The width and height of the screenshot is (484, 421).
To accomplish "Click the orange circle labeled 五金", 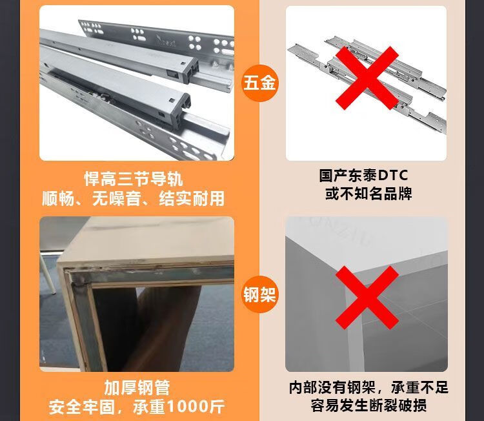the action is [259, 83].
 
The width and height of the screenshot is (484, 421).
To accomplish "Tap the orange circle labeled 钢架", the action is [259, 294].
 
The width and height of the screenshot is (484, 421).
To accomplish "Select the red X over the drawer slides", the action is [367, 78].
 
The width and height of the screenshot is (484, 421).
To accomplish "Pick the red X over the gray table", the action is [367, 298].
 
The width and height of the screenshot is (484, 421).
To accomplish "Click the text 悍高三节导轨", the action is [134, 179].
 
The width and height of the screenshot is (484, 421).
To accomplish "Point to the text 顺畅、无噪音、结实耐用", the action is [134, 198].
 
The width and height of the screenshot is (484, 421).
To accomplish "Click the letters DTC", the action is [393, 175].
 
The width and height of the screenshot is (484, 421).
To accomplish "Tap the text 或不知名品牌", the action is [368, 194].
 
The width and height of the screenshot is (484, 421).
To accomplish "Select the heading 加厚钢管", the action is [137, 387].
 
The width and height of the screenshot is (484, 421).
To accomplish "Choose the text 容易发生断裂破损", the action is [368, 406].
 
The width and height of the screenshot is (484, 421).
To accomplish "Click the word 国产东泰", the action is [348, 175].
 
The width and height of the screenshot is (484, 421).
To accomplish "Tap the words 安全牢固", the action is [81, 407].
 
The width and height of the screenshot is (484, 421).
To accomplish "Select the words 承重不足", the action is [419, 387].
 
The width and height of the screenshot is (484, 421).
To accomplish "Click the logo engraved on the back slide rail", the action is [166, 40].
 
